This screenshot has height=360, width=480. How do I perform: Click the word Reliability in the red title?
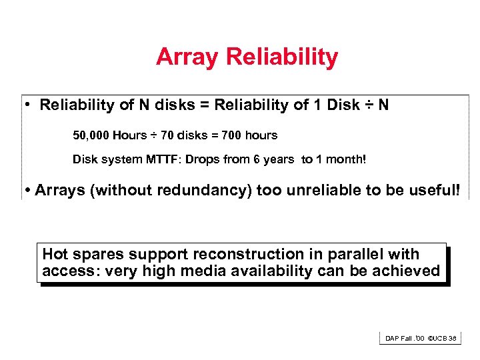[282, 57]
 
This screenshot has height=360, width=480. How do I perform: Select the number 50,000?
[91, 136]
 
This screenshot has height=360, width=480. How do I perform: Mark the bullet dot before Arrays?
[27, 191]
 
